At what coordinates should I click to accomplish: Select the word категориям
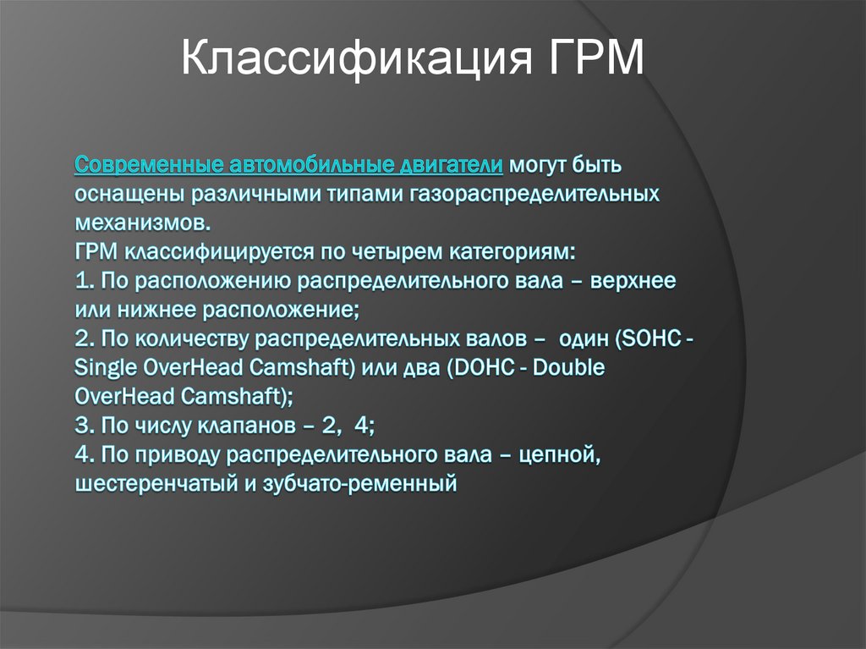click(511, 252)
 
